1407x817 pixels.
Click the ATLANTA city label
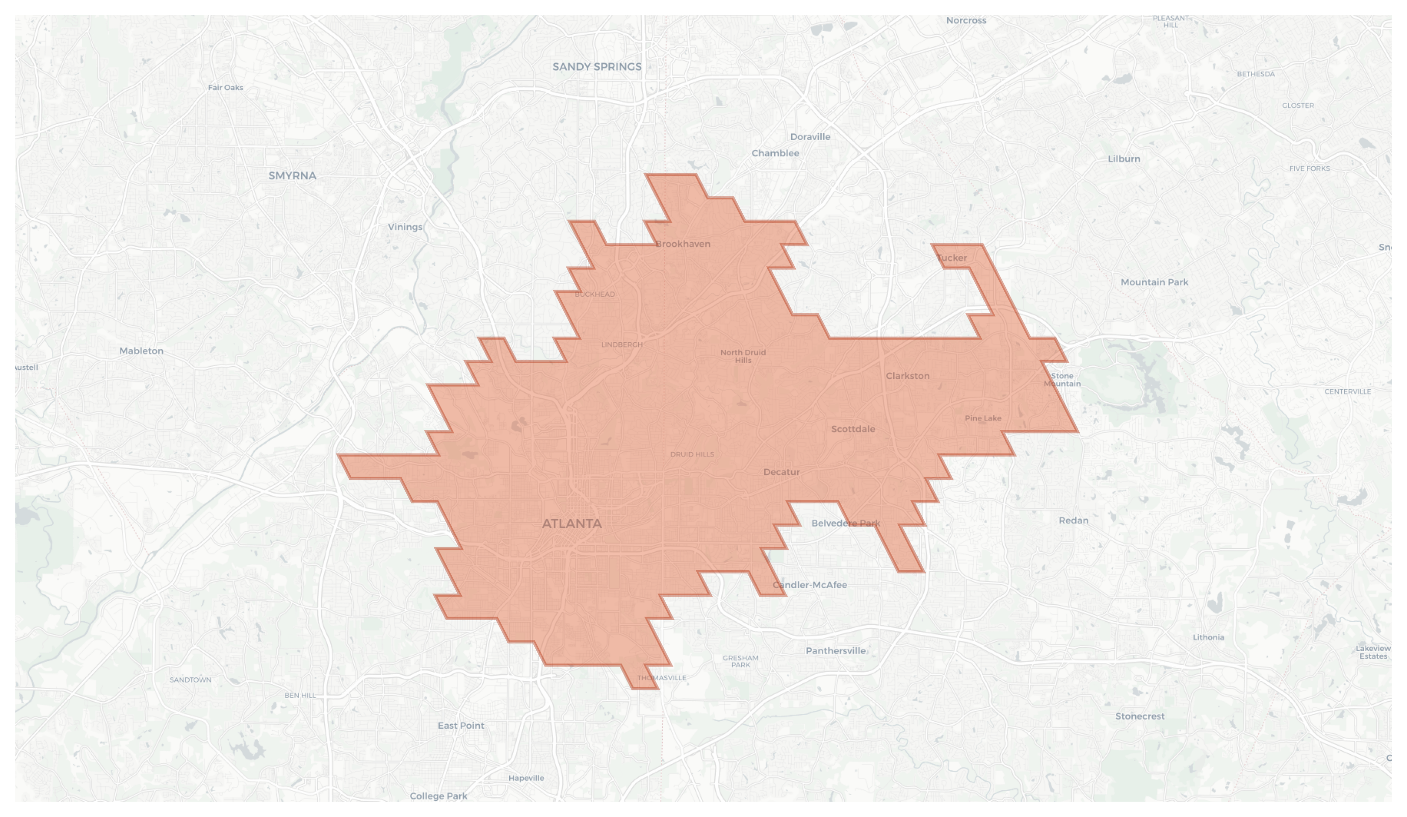click(x=572, y=524)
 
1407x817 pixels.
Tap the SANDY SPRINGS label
click(x=597, y=67)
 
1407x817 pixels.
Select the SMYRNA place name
click(x=292, y=176)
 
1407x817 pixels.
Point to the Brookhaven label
click(x=683, y=244)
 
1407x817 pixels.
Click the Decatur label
click(x=781, y=472)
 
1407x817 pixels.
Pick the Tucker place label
click(x=951, y=258)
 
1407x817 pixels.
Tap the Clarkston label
click(x=907, y=376)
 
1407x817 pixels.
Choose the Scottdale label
click(x=852, y=429)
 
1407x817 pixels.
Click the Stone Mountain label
click(x=1062, y=380)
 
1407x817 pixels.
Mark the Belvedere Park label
click(x=845, y=523)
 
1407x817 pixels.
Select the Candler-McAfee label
click(x=810, y=585)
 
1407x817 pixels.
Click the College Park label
click(x=438, y=796)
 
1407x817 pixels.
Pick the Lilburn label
click(x=1124, y=159)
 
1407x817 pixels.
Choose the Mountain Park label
click(x=1154, y=283)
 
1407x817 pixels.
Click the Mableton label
click(x=141, y=351)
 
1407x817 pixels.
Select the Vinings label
click(x=405, y=227)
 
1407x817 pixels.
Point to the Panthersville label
click(x=835, y=651)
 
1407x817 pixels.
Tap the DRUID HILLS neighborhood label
click(x=692, y=454)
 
